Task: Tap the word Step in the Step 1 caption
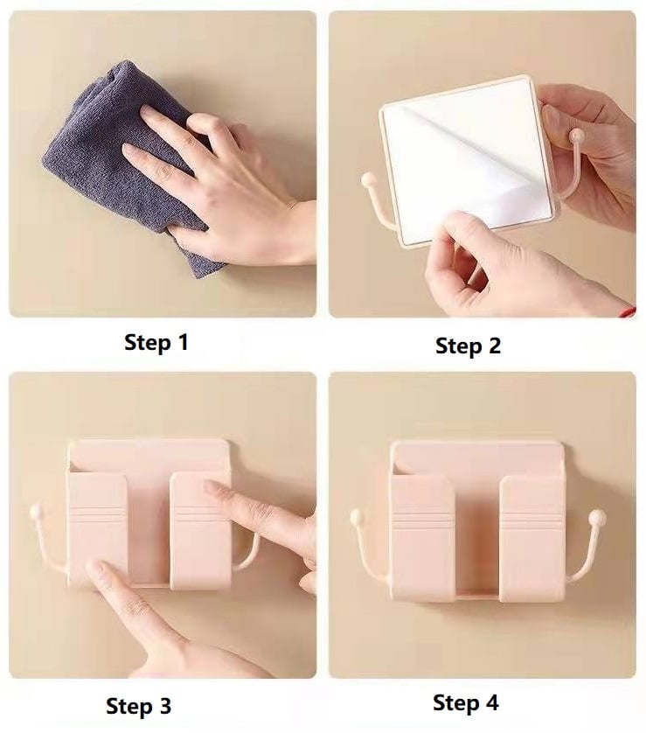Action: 148,343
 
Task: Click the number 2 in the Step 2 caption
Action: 493,346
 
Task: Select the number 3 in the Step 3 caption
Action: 164,705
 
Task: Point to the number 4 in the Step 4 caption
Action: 491,702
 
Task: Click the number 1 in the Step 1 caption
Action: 184,342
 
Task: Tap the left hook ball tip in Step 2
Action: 368,179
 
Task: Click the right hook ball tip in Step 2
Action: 577,136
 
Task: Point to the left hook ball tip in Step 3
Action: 36,512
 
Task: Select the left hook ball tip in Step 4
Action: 357,517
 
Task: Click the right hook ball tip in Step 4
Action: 596,517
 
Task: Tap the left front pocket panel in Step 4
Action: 422,539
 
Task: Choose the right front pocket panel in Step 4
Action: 532,539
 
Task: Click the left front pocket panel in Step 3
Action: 97,529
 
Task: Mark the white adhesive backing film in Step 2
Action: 467,159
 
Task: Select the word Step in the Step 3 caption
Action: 129,707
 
